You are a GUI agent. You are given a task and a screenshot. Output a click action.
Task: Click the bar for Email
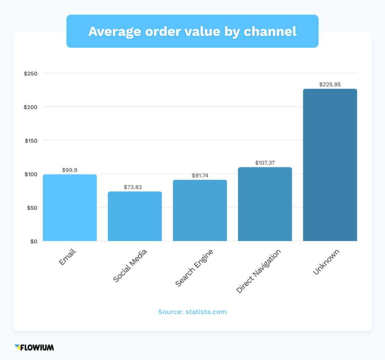pyautogui.click(x=70, y=208)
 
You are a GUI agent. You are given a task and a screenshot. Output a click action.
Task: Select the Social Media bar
pyautogui.click(x=135, y=216)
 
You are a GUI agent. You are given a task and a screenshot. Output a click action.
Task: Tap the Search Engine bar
pyautogui.click(x=200, y=210)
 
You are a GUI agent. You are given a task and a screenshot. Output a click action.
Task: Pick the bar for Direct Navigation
pyautogui.click(x=265, y=204)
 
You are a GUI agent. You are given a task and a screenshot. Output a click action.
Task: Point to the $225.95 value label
pyautogui.click(x=330, y=85)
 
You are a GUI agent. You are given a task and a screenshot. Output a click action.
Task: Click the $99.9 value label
pyautogui.click(x=70, y=170)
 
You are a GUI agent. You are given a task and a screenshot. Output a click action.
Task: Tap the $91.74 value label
pyautogui.click(x=200, y=176)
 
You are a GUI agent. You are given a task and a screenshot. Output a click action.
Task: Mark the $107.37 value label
pyautogui.click(x=265, y=163)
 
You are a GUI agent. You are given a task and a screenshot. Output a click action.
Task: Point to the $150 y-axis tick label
pyautogui.click(x=31, y=141)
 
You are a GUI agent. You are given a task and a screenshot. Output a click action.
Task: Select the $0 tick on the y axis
pyautogui.click(x=33, y=242)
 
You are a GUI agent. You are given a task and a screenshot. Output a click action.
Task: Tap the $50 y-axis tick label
pyautogui.click(x=32, y=208)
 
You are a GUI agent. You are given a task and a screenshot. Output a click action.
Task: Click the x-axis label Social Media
pyautogui.click(x=130, y=266)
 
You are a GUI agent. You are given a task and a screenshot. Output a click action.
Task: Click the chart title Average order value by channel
pyautogui.click(x=192, y=32)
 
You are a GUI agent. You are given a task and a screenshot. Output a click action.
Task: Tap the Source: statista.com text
pyautogui.click(x=192, y=312)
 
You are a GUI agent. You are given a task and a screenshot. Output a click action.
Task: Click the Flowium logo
pyautogui.click(x=34, y=347)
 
